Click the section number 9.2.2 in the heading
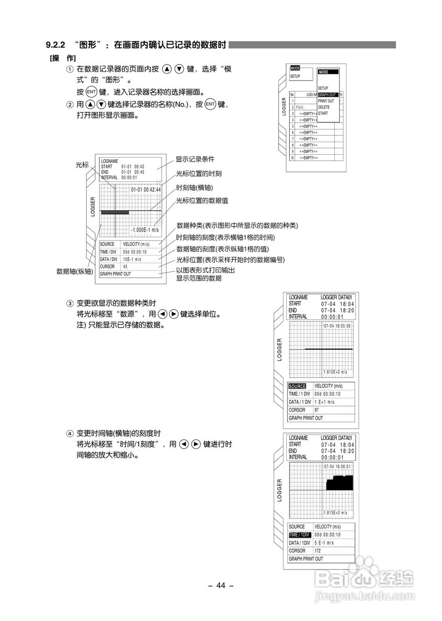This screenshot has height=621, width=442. pyautogui.click(x=55, y=45)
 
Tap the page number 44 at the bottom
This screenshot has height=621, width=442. pyautogui.click(x=221, y=586)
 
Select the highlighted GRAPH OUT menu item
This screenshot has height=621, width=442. pyautogui.click(x=327, y=95)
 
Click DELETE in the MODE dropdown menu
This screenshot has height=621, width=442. pyautogui.click(x=324, y=107)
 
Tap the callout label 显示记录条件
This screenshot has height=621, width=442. pyautogui.click(x=195, y=159)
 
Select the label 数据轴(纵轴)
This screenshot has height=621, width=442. pyautogui.click(x=74, y=272)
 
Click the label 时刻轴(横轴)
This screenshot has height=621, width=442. pyautogui.click(x=194, y=188)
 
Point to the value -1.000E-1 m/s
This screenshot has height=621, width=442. pyautogui.click(x=145, y=230)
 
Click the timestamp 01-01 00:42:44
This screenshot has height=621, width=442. pyautogui.click(x=146, y=189)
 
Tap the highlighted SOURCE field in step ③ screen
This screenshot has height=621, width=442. pyautogui.click(x=297, y=387)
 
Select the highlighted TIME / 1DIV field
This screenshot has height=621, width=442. pyautogui.click(x=299, y=535)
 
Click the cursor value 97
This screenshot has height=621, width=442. pyautogui.click(x=317, y=410)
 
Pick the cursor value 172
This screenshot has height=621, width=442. pyautogui.click(x=318, y=551)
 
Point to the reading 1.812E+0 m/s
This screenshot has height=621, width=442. pyautogui.click(x=335, y=372)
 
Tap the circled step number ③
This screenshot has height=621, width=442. pyautogui.click(x=70, y=303)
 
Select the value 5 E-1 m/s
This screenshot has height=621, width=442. pyautogui.click(x=325, y=543)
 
